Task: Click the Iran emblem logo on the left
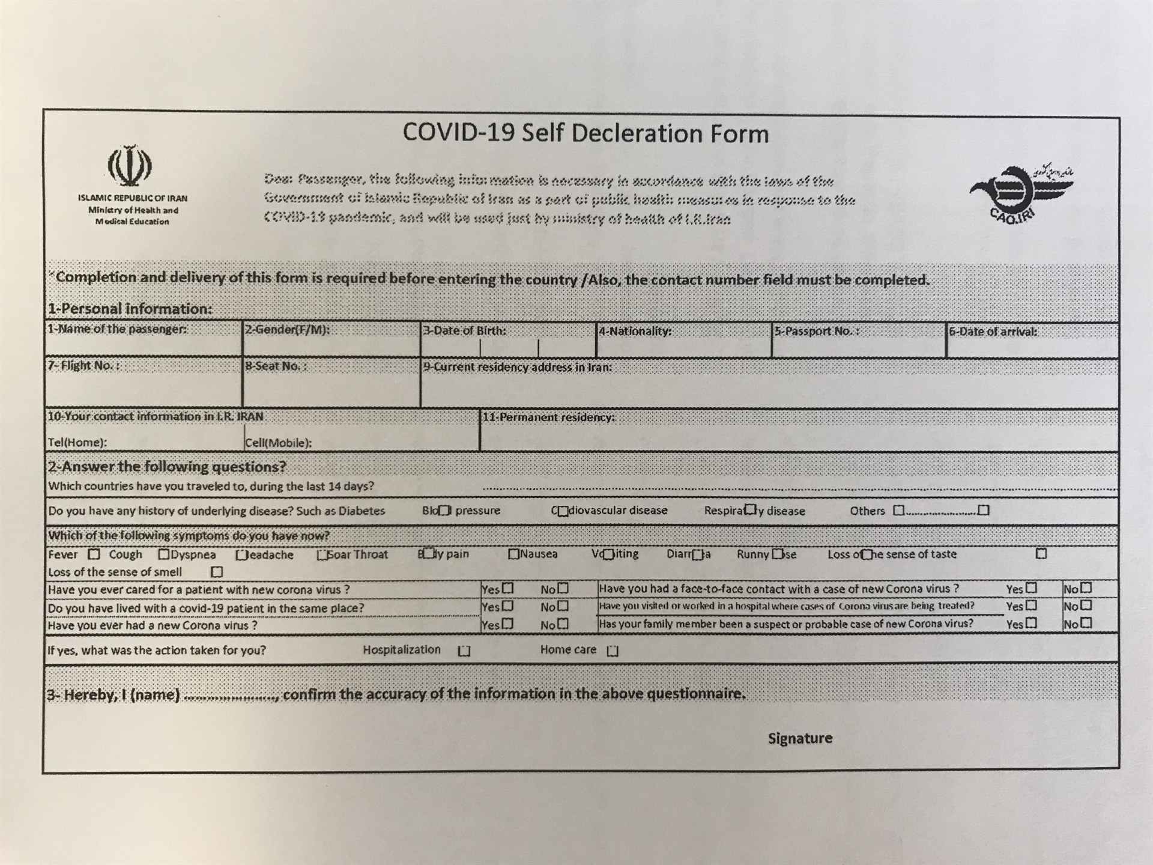click(130, 166)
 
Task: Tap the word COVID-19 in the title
click(458, 133)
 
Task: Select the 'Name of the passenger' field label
click(118, 329)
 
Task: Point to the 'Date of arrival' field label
click(993, 332)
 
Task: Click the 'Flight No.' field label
click(84, 366)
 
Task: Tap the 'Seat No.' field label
click(276, 366)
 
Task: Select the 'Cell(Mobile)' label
click(279, 443)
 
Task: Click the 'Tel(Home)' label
click(77, 443)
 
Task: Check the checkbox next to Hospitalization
click(464, 651)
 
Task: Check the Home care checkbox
click(613, 651)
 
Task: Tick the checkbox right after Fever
click(94, 554)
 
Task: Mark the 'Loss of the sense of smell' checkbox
click(217, 572)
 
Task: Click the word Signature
click(800, 738)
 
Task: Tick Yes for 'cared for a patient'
click(508, 589)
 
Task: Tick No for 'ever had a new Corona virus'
click(563, 625)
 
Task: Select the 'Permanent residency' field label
click(549, 417)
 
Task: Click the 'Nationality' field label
click(635, 331)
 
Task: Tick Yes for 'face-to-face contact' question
click(1032, 589)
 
